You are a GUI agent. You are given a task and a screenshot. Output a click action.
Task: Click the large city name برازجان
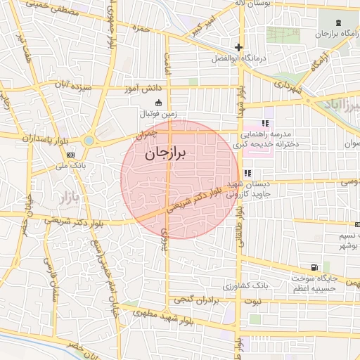coord(167,155)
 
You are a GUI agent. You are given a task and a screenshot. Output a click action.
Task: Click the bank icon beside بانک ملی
coord(70,155)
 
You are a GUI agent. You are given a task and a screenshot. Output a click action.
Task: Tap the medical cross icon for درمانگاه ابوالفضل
coord(239,48)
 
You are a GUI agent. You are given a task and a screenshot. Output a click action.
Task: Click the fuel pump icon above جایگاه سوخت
coord(314,267)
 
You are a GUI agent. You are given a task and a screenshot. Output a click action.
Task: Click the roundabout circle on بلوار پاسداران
coord(89,141)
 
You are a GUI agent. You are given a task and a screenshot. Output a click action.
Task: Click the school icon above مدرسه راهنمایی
coord(264,122)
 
